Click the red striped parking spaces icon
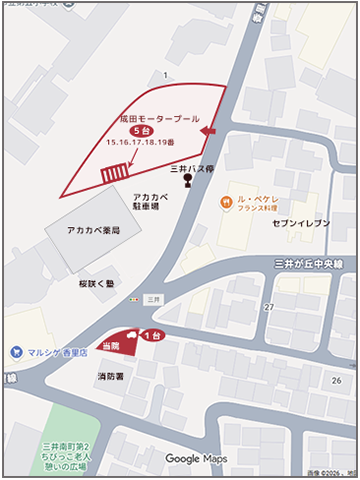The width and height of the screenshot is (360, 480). (x=114, y=172)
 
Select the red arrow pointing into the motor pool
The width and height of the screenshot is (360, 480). (x=208, y=131)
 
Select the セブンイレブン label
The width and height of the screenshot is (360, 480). (x=301, y=222)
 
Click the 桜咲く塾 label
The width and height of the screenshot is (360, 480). (x=97, y=283)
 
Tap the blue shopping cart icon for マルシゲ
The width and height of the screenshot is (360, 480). (x=15, y=352)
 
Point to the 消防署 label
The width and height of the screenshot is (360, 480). (x=110, y=376)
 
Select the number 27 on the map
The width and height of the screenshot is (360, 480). (x=269, y=307)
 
